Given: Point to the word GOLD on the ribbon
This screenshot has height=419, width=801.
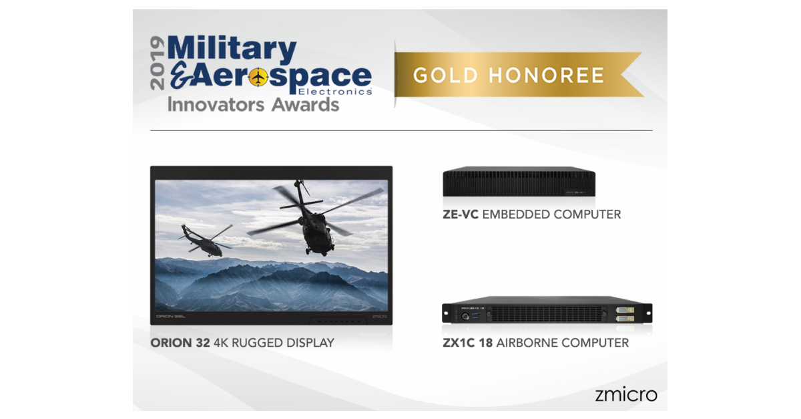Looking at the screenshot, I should [x=446, y=75].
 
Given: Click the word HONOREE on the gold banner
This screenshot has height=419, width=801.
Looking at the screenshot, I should [x=547, y=75].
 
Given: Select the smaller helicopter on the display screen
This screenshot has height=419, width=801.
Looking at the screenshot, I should [x=204, y=239].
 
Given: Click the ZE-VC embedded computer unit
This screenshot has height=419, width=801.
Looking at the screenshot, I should [x=519, y=181].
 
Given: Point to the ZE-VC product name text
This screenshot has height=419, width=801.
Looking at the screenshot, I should [x=461, y=215].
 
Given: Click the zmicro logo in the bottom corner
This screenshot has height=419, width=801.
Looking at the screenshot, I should [x=625, y=394].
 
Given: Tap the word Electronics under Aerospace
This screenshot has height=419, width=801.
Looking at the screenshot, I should [x=344, y=91].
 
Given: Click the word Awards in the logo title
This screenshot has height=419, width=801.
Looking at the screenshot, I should [x=306, y=105].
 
